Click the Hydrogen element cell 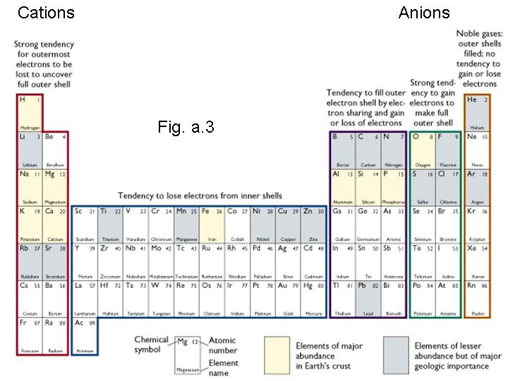click(30, 112)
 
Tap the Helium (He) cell click(476, 112)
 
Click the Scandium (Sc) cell click(85, 224)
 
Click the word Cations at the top click(45, 12)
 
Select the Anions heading click(423, 12)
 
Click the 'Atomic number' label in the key click(222, 345)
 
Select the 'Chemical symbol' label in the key click(152, 345)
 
